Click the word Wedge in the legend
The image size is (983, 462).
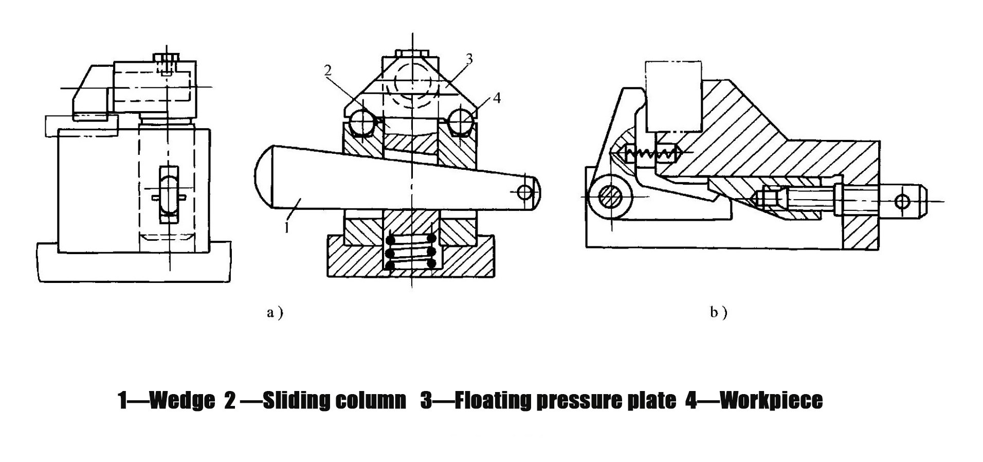181,400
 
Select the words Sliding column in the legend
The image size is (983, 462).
334,400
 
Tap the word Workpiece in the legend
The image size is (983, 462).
771,400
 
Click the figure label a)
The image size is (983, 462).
275,312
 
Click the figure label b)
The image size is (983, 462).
718,312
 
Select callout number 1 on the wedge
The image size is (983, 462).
287,227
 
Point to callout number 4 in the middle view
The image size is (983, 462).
496,98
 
